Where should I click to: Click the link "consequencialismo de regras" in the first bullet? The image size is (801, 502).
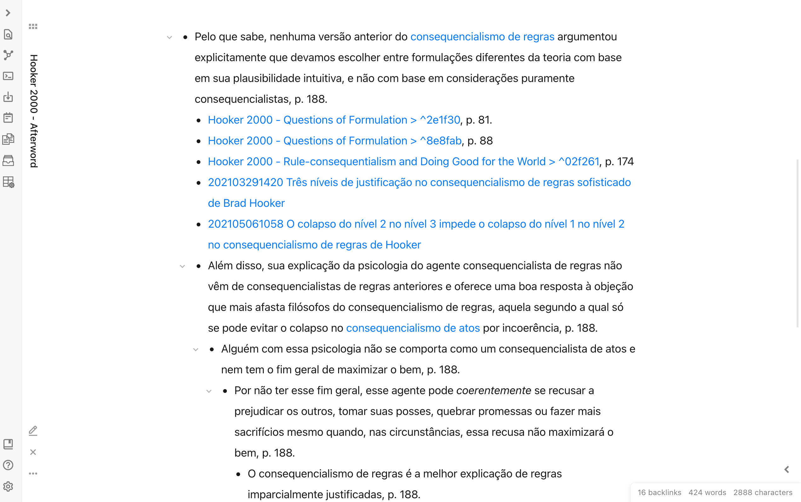(482, 37)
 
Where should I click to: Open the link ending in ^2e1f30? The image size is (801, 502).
(334, 120)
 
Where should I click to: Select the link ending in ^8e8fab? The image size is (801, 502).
(334, 141)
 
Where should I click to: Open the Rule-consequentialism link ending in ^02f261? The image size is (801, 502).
(403, 161)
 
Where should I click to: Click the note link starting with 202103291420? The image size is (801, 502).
(419, 182)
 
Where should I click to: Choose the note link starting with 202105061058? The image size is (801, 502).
(416, 224)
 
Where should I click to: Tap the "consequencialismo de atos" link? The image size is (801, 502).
(412, 328)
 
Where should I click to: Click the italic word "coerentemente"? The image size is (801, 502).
(493, 390)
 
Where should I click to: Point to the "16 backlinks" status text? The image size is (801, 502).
(659, 492)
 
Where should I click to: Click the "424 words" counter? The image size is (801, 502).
(707, 492)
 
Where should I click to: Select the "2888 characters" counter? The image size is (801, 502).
(763, 492)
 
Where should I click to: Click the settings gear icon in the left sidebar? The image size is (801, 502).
(8, 487)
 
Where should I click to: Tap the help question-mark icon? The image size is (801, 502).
(8, 465)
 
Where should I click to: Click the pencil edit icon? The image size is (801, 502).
(33, 431)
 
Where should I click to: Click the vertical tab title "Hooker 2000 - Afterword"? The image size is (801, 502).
(33, 111)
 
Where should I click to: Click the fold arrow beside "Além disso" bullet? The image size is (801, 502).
(182, 266)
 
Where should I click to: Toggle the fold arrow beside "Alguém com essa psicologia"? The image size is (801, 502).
(196, 350)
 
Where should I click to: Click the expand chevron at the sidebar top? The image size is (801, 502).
(8, 13)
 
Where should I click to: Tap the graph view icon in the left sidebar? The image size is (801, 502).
(8, 55)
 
